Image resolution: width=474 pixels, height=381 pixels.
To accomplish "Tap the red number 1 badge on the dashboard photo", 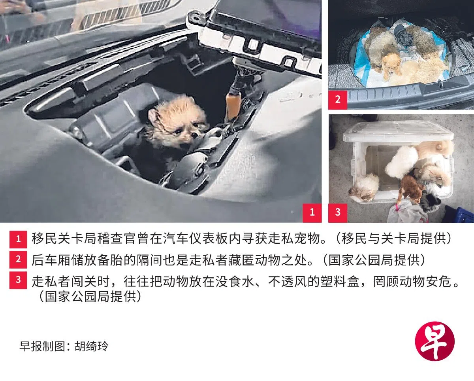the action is coord(312,213).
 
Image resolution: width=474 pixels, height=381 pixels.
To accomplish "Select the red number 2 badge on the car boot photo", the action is coord(338,100).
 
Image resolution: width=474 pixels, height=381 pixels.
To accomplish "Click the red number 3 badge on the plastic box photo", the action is coord(338,213).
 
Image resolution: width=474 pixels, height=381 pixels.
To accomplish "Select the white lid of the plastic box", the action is coord(398,135).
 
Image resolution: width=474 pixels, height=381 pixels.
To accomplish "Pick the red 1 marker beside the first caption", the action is coord(18,239).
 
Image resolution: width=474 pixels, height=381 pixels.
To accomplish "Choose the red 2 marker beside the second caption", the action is coord(18,260).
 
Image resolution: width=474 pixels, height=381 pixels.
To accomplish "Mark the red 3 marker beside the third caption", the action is coord(18,280).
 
